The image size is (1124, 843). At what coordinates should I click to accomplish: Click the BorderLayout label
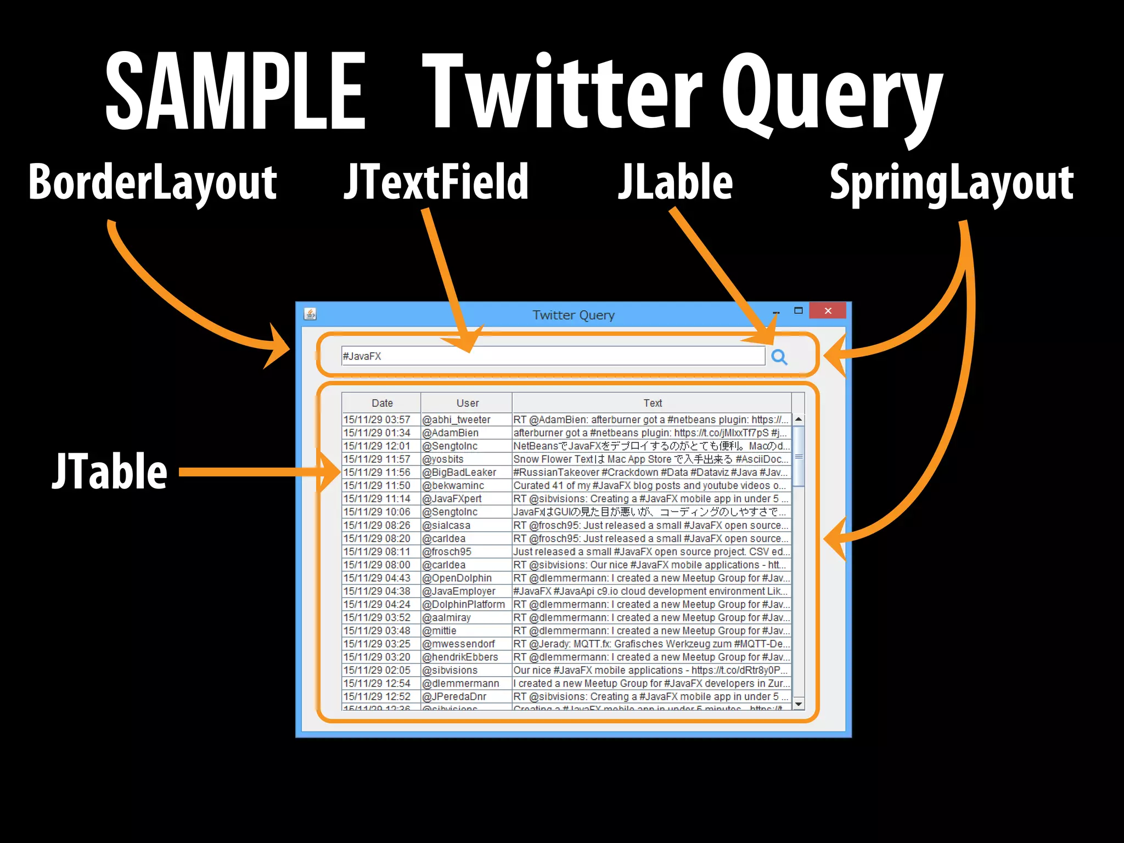[x=153, y=182]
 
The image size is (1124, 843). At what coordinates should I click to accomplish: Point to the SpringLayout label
[x=951, y=182]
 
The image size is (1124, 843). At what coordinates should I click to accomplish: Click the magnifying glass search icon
[x=779, y=357]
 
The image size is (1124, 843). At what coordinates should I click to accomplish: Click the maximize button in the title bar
[x=799, y=311]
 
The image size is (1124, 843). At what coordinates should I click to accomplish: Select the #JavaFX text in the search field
[x=362, y=356]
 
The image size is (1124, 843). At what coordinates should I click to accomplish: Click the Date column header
[x=382, y=403]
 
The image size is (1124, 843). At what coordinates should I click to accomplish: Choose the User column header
[x=467, y=403]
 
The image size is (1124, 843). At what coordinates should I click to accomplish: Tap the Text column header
[x=653, y=403]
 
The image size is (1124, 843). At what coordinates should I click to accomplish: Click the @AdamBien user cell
[x=450, y=433]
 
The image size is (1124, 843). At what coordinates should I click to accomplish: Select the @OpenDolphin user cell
[x=457, y=578]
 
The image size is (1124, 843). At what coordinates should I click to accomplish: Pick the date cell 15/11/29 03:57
[x=377, y=420]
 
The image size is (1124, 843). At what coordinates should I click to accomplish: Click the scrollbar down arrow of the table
[x=799, y=704]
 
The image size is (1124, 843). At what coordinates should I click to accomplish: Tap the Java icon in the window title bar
[x=310, y=314]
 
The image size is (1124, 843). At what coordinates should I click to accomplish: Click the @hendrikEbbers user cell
[x=460, y=657]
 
